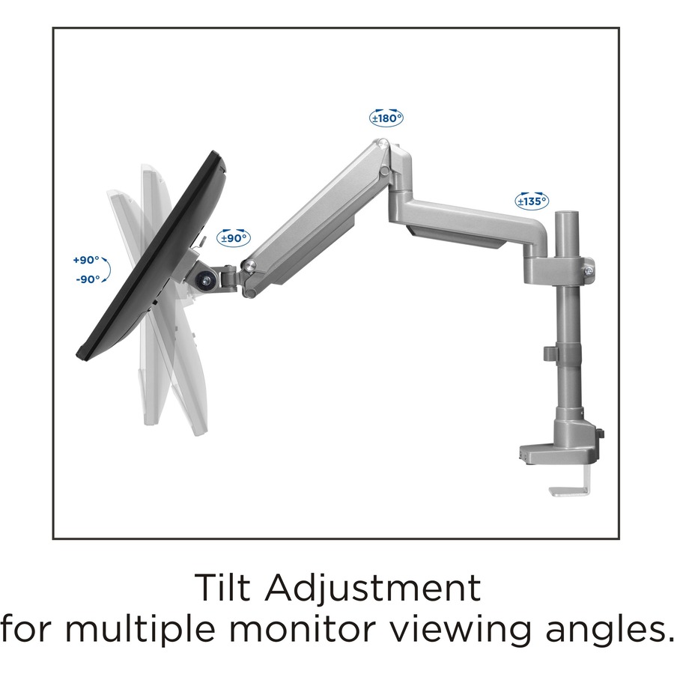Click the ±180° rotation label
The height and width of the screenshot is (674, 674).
[386, 118]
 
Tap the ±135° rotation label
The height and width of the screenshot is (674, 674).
[532, 201]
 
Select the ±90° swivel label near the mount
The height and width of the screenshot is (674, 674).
[234, 238]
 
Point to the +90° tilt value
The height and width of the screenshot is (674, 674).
[85, 260]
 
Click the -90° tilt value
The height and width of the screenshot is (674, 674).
[87, 279]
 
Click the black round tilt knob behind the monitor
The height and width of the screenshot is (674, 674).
[202, 279]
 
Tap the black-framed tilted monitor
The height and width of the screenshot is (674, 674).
[150, 255]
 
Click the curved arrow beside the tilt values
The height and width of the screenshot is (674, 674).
[106, 270]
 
